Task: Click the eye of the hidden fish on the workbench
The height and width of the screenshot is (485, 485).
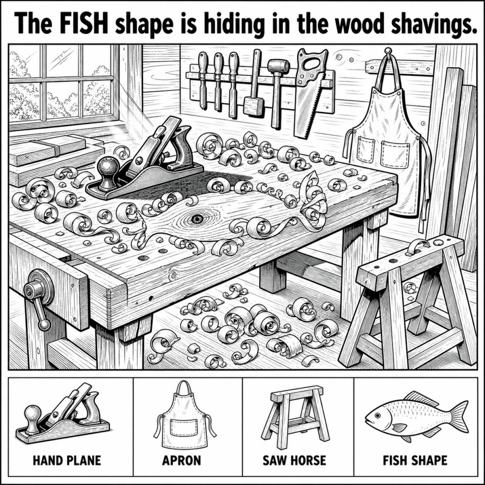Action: point(196,219)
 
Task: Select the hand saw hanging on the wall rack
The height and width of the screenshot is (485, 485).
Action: point(310,92)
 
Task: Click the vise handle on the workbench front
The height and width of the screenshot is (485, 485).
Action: point(38,299)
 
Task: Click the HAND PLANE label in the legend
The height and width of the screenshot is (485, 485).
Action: point(67,460)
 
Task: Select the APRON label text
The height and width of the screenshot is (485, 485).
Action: point(181,460)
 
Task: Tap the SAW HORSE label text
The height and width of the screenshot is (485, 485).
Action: point(295,460)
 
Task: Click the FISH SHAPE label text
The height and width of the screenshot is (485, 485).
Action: point(415,460)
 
